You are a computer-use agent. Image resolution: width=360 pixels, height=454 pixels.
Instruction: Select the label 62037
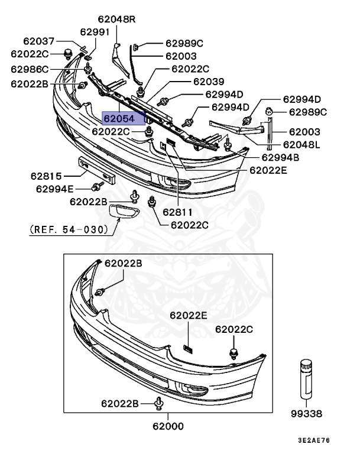(x=39, y=41)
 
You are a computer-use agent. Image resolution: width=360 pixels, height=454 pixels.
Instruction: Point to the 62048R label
(x=116, y=20)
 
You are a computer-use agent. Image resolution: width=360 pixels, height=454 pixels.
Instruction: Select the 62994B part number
(x=280, y=158)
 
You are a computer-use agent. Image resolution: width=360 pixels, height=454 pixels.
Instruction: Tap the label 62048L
(x=301, y=144)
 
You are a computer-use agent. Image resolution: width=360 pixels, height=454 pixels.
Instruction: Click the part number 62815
(x=47, y=176)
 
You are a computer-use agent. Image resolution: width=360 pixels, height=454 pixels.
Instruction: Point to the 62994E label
(x=55, y=189)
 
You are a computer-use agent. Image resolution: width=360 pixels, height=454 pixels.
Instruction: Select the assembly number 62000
(x=168, y=426)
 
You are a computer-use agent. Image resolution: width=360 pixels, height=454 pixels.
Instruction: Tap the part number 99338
(x=307, y=414)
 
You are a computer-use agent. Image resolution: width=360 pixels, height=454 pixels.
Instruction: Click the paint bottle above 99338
(x=306, y=378)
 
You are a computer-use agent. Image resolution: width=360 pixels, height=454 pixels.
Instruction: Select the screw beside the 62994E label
(x=95, y=188)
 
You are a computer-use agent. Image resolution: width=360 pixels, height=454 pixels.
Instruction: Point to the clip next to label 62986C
(x=78, y=69)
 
